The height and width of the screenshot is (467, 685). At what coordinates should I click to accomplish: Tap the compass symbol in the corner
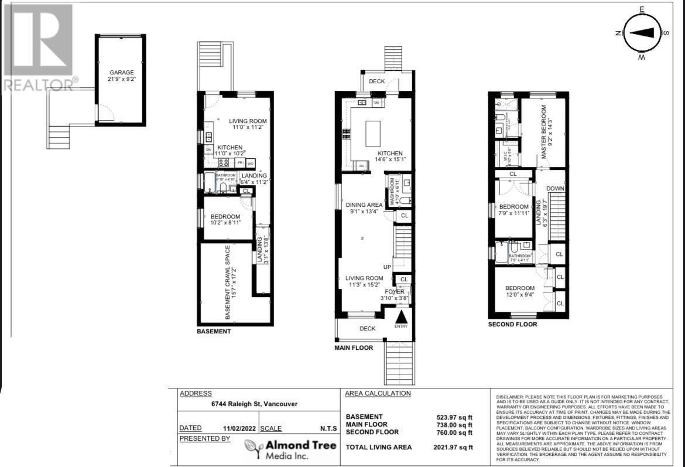click(x=642, y=33)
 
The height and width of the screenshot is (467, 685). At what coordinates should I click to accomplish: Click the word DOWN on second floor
click(x=555, y=188)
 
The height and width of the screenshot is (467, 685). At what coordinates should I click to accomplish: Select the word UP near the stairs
click(x=387, y=267)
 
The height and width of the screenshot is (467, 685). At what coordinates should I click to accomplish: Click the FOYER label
click(x=394, y=291)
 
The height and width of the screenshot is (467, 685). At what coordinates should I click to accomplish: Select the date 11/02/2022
click(x=239, y=428)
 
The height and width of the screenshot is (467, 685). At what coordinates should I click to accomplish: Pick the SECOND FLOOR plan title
click(x=512, y=324)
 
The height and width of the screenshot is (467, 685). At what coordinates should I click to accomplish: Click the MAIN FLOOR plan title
click(x=354, y=347)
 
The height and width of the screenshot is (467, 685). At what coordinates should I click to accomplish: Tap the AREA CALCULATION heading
click(x=378, y=393)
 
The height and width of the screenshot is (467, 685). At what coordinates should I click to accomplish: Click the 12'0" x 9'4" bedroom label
click(x=519, y=292)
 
